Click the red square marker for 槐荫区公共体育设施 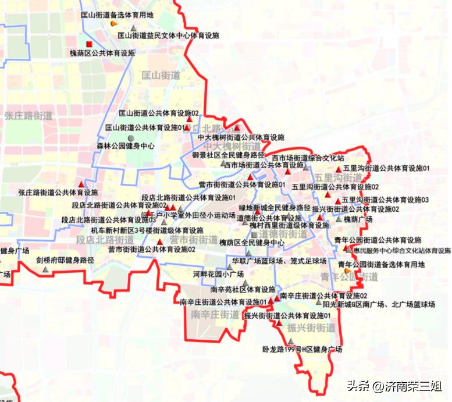tap(89, 44)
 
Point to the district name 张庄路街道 tap(28, 116)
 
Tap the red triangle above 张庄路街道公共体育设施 tap(81, 183)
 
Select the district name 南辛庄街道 tap(215, 315)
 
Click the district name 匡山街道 tap(161, 75)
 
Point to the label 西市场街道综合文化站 tap(308, 158)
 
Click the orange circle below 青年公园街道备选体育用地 tap(348, 271)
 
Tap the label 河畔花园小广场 tap(218, 273)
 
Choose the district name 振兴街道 tap(311, 328)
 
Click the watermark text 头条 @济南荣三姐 tap(394, 386)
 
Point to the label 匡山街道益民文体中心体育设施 tap(168, 35)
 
